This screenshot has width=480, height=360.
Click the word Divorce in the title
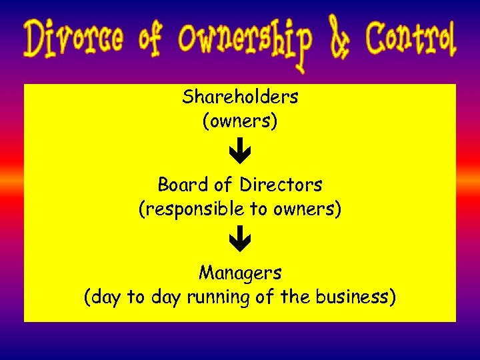pyautogui.click(x=74, y=39)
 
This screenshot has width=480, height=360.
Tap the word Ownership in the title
pyautogui.click(x=245, y=41)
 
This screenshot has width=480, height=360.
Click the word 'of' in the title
pyautogui.click(x=151, y=39)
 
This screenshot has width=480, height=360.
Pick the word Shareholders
pyautogui.click(x=240, y=97)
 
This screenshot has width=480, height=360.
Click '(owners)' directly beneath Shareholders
pyautogui.click(x=240, y=122)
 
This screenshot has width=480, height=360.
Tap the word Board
pyautogui.click(x=177, y=185)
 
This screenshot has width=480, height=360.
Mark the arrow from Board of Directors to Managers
pyautogui.click(x=240, y=241)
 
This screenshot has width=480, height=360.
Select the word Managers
pyautogui.click(x=240, y=273)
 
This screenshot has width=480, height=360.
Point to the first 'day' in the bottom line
pyautogui.click(x=107, y=298)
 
